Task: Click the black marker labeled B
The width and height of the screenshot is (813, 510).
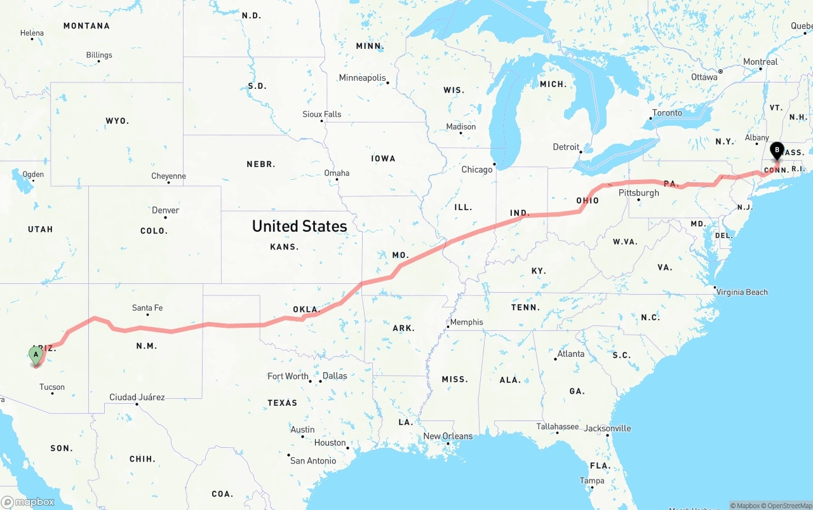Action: click(x=776, y=151)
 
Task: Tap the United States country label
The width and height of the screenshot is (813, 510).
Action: click(x=299, y=226)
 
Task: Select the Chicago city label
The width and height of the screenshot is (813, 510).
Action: click(x=476, y=170)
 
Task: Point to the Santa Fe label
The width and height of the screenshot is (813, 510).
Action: click(x=147, y=308)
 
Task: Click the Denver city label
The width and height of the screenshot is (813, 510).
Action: click(x=165, y=210)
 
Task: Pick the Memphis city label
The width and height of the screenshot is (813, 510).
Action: click(x=466, y=322)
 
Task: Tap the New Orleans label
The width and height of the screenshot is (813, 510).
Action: click(x=448, y=436)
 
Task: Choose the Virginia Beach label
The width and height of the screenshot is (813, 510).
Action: click(x=742, y=292)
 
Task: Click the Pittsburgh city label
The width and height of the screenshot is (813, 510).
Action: click(x=638, y=192)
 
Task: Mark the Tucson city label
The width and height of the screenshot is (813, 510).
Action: click(x=52, y=387)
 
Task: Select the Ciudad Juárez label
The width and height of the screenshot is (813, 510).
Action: click(x=137, y=397)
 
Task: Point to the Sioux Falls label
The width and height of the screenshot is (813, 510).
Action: click(x=321, y=114)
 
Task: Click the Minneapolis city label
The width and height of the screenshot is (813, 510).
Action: click(x=362, y=77)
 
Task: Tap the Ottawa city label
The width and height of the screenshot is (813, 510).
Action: click(x=704, y=77)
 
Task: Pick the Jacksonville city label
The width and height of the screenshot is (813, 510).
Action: click(x=607, y=428)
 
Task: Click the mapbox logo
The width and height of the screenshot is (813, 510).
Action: click(x=28, y=502)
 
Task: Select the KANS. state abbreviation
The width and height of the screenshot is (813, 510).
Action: click(x=284, y=246)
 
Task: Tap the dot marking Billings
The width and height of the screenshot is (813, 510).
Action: click(x=99, y=62)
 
